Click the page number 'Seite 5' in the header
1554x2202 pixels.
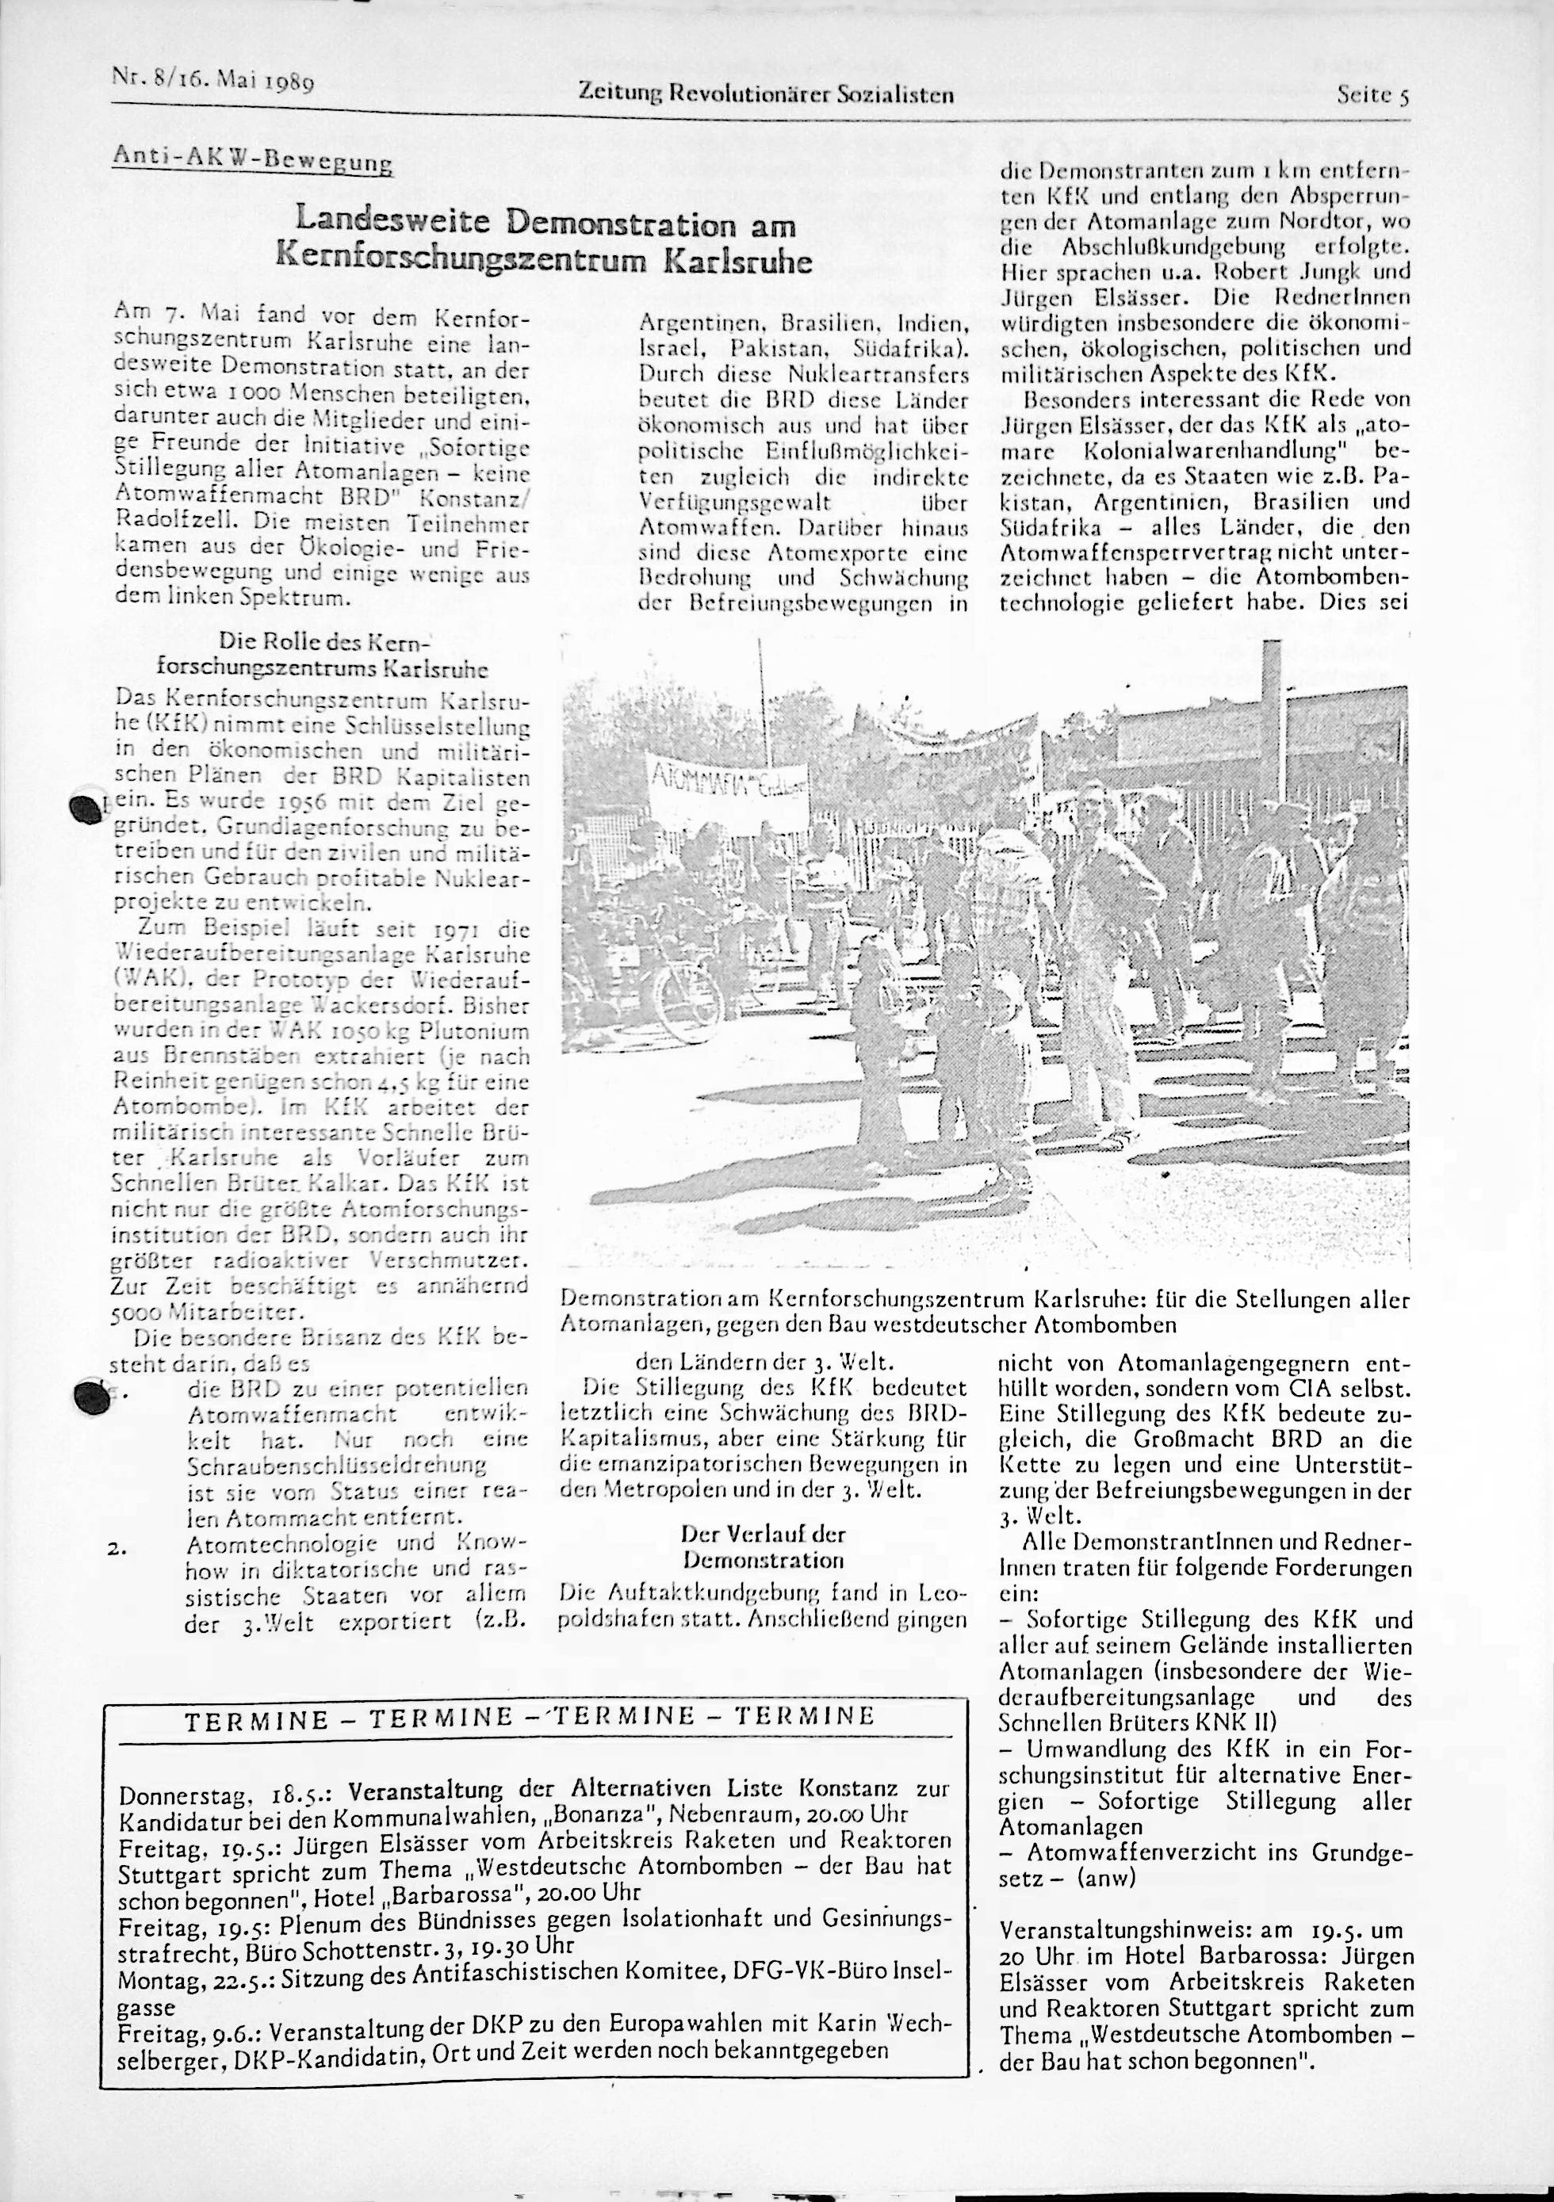coord(1372,96)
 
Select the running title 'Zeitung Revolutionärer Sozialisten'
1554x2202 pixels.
coord(765,94)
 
